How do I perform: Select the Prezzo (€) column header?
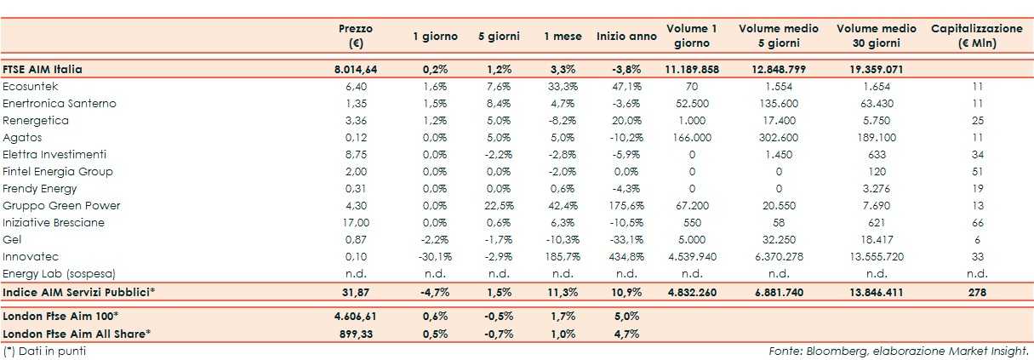click(356, 36)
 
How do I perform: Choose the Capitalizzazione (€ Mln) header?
click(977, 36)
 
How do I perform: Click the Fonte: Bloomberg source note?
click(899, 350)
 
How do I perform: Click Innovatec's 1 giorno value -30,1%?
click(435, 257)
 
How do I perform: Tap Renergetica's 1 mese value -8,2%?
click(562, 121)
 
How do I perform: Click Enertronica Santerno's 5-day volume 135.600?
click(779, 104)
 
